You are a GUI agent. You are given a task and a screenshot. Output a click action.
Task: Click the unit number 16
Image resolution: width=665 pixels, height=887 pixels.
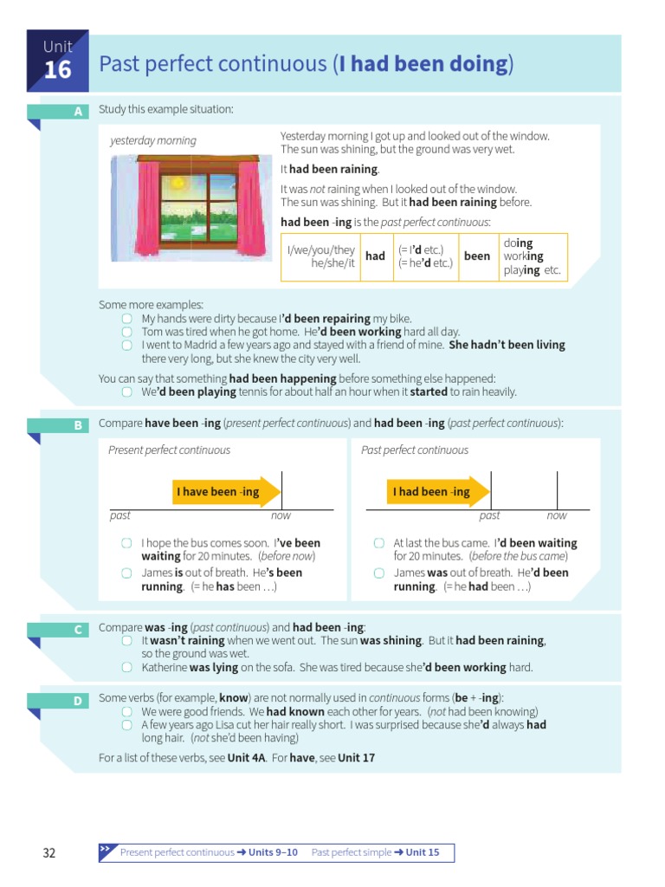57,69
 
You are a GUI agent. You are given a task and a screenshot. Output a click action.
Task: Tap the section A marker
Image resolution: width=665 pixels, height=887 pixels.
78,112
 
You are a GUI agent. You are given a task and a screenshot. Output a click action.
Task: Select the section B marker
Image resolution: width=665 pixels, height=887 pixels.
78,425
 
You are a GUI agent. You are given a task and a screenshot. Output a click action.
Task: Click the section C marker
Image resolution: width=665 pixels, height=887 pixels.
78,630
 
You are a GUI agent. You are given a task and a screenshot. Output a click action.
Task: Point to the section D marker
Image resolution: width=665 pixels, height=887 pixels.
78,701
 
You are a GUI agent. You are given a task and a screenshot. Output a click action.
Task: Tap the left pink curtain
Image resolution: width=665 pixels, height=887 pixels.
125,203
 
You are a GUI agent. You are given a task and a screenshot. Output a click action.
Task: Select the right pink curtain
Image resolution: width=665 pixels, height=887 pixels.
249,203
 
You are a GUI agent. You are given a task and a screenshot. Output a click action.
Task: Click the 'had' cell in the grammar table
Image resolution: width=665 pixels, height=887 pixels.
375,256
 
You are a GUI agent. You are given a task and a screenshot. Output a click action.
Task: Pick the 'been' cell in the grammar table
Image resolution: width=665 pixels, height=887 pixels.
477,256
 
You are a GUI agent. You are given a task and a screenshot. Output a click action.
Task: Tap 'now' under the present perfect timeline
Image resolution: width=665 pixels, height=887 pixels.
281,515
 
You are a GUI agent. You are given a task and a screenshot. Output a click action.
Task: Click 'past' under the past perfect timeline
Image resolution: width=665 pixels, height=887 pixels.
489,515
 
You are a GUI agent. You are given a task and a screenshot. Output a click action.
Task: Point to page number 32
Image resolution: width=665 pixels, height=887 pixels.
49,853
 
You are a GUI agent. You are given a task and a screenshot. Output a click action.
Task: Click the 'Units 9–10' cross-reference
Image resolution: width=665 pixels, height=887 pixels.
273,853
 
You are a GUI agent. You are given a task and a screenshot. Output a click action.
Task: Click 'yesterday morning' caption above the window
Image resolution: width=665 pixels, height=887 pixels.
153,140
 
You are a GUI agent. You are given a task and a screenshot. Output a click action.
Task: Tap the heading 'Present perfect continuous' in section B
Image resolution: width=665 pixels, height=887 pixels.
169,450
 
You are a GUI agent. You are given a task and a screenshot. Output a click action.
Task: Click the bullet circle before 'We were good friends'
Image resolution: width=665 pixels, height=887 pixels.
126,712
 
